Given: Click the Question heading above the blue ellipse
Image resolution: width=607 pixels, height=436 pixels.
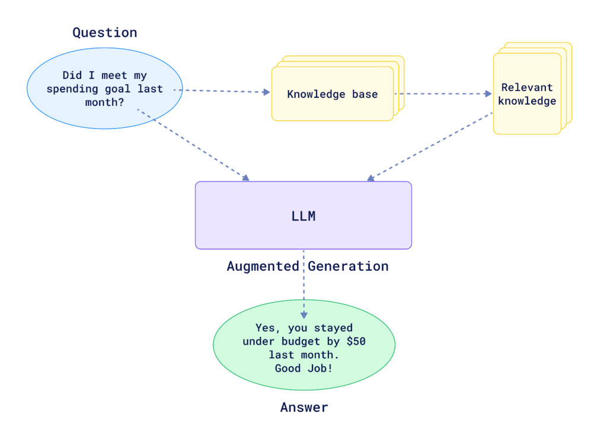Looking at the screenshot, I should [104, 33].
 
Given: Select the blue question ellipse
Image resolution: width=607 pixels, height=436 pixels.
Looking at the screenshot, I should [104, 113].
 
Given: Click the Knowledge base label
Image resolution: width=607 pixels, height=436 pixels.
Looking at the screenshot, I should [332, 94].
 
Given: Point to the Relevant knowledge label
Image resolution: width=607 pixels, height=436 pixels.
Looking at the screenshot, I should [527, 94].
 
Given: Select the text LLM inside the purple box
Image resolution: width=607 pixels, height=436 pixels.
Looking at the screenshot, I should [303, 216].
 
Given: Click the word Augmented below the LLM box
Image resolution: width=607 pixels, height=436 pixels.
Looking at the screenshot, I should [263, 267].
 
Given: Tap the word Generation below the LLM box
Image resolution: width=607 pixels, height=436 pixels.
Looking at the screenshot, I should [348, 267].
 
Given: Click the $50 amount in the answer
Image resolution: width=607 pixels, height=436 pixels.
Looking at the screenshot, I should [356, 341].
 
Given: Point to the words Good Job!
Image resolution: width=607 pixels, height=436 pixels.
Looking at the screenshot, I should [303, 368].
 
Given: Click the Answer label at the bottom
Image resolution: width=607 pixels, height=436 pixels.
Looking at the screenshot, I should [303, 408].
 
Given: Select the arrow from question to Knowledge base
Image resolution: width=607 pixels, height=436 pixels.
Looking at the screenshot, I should [222, 91].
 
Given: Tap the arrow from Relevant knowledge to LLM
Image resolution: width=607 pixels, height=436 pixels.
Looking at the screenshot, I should [430, 145].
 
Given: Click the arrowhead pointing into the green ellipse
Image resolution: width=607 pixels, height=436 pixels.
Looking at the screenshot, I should [303, 315].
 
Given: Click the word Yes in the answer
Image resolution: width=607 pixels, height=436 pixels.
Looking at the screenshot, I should [264, 328].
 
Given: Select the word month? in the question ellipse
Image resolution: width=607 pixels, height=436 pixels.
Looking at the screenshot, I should [104, 102].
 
